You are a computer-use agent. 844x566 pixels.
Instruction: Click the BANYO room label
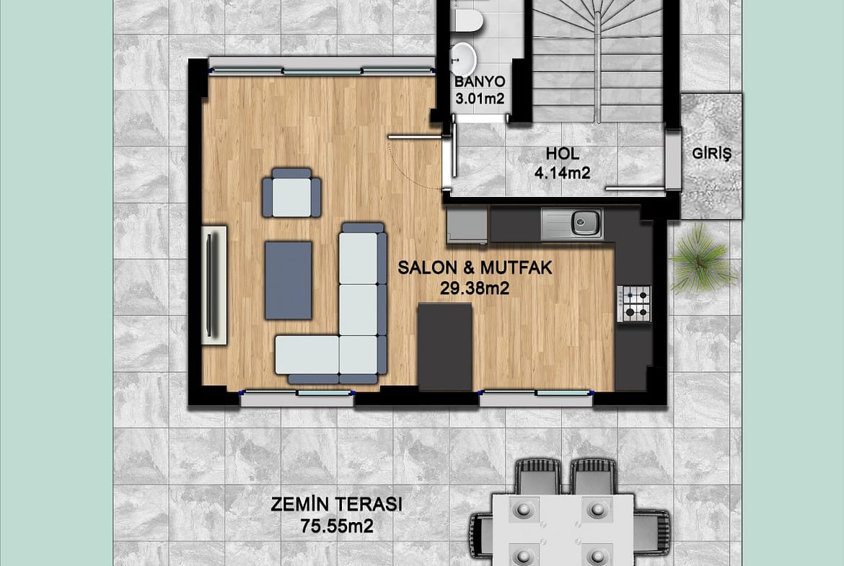point(480,81)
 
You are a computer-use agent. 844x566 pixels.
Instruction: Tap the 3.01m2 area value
point(480,99)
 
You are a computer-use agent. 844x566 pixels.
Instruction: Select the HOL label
point(563,154)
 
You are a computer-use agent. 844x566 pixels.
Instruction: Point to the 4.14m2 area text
point(562,173)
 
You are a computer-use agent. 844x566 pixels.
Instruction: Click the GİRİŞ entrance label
point(711,154)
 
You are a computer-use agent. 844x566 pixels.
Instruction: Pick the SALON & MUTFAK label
point(475,268)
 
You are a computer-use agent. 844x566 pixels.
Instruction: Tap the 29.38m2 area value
point(475,289)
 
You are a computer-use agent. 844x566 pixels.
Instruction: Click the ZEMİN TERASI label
point(336,505)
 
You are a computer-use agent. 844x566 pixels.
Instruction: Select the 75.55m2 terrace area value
point(337,526)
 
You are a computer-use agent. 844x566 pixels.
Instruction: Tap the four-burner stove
point(635,304)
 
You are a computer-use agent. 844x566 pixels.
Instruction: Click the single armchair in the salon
point(291,193)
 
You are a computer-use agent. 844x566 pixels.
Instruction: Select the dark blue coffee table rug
point(289,280)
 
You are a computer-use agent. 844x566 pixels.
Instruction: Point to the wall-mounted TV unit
point(214,285)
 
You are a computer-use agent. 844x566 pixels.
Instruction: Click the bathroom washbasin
point(462,58)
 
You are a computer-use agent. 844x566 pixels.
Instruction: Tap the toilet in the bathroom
point(467,18)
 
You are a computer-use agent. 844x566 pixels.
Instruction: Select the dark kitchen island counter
point(445,347)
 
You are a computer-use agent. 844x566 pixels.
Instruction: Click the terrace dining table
point(563,530)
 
